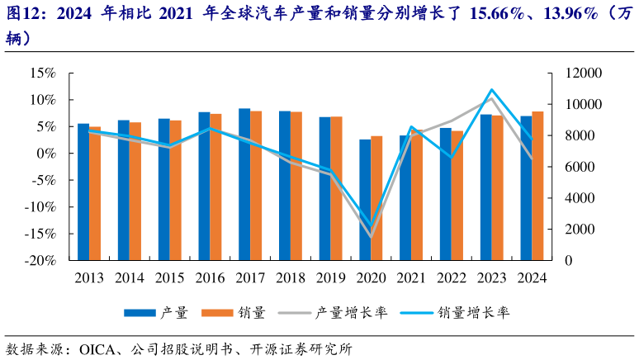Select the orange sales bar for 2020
coord(376,197)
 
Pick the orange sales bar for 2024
coord(537,185)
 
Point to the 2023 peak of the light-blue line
coord(492,89)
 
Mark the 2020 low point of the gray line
coord(370,236)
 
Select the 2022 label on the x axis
coord(451,277)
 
